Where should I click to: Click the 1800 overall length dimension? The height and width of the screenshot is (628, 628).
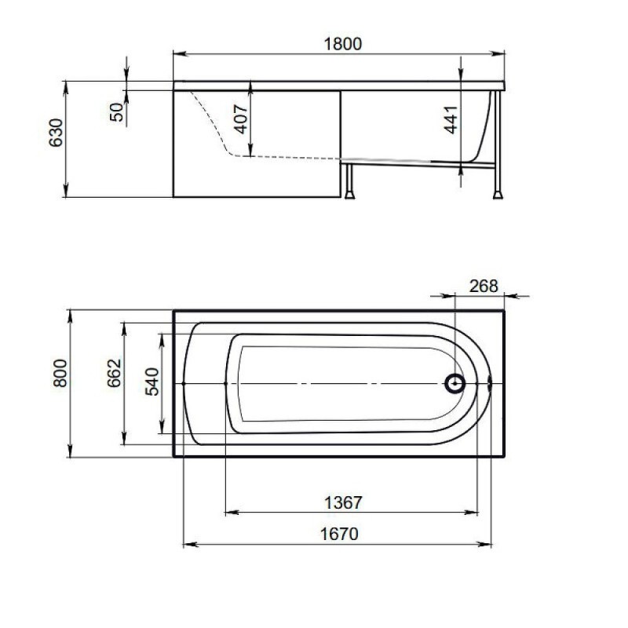tap(343, 44)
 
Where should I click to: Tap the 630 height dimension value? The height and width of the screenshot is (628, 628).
tap(56, 133)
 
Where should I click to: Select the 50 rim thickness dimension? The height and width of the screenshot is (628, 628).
tap(116, 112)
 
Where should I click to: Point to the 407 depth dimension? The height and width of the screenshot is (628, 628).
tap(241, 119)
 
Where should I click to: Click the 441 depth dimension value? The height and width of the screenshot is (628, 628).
tap(451, 119)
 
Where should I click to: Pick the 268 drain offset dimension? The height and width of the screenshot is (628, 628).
tap(484, 286)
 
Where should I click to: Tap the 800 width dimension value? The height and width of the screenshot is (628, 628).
tap(60, 373)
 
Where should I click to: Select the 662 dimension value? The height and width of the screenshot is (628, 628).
tap(114, 373)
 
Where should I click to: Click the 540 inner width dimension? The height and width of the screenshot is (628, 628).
tap(152, 382)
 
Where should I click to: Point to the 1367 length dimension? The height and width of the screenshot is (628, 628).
tap(343, 502)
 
